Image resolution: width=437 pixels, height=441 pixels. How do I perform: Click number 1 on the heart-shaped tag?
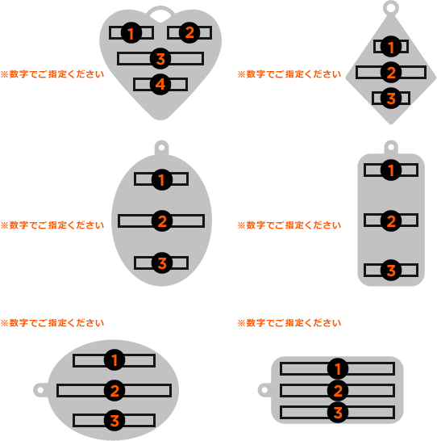point(131,33)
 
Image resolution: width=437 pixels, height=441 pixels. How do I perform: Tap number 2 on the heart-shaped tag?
point(189,32)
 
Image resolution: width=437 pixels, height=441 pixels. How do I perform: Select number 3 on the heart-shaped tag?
point(160,59)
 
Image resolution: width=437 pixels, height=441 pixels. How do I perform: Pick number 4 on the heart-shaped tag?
point(160,84)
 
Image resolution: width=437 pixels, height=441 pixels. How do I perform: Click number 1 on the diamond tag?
point(391,47)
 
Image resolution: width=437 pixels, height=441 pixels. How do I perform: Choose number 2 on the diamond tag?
point(391,72)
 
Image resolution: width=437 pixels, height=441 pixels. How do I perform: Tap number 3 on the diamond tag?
point(391,99)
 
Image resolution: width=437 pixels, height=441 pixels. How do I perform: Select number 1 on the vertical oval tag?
point(162,180)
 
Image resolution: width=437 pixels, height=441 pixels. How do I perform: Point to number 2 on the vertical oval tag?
point(162,220)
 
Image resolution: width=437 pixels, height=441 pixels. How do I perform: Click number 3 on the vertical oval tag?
point(162,263)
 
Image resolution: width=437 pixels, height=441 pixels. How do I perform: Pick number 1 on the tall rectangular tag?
point(391,170)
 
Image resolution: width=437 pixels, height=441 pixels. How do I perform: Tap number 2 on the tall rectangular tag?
point(391,220)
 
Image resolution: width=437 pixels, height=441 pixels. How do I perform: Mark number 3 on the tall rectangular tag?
point(391,271)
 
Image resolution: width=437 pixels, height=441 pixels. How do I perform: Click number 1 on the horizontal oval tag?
point(114,360)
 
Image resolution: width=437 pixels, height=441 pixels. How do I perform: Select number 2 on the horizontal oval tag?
point(114,391)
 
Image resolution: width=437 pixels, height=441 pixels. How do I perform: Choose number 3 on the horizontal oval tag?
point(114,421)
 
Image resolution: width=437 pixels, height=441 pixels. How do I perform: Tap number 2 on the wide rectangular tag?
point(338,391)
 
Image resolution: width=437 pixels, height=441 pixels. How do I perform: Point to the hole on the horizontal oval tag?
point(40,390)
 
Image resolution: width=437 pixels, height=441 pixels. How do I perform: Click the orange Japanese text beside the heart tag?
point(52,74)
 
